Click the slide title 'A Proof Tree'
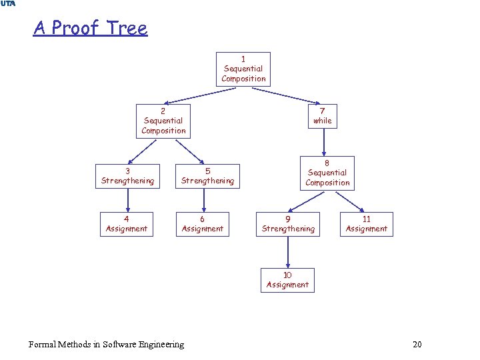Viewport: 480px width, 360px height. click(90, 28)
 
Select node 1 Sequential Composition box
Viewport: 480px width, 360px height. click(243, 69)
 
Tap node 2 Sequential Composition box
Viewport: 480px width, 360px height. click(163, 121)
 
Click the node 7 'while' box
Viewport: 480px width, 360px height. click(323, 116)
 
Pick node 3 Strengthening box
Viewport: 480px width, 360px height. click(127, 176)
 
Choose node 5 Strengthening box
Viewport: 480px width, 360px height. click(207, 176)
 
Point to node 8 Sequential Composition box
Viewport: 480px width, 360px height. click(327, 173)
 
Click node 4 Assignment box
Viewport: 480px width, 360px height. click(127, 224)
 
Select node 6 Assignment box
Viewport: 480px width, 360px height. click(202, 224)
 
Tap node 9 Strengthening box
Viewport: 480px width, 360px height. click(288, 224)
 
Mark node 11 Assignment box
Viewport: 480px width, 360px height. click(366, 224)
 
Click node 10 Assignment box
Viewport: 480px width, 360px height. click(287, 280)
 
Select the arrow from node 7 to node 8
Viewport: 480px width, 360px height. click(323, 141)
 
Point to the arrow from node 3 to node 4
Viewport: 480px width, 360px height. click(127, 200)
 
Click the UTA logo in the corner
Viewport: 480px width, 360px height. click(8, 4)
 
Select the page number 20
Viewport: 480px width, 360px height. click(417, 344)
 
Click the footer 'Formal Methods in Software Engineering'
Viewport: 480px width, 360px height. click(107, 344)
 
